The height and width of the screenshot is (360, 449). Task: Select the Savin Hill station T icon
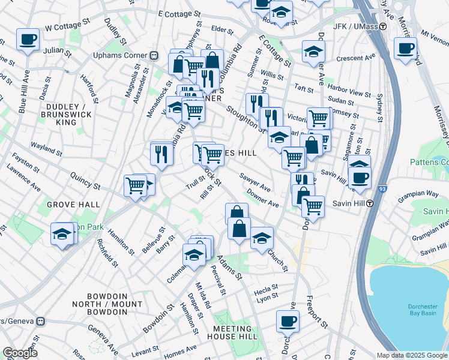point(370,203)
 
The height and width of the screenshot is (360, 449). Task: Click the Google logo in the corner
point(20,353)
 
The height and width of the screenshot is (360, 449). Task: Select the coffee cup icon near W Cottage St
point(28,40)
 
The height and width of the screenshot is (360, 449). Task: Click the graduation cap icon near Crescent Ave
point(313,52)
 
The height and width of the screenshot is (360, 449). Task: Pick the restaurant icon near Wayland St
point(161,154)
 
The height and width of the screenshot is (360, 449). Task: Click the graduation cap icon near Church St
point(261,238)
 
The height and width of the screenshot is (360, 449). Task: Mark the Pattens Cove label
point(429,162)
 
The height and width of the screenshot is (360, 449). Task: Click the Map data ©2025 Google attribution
point(411,355)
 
